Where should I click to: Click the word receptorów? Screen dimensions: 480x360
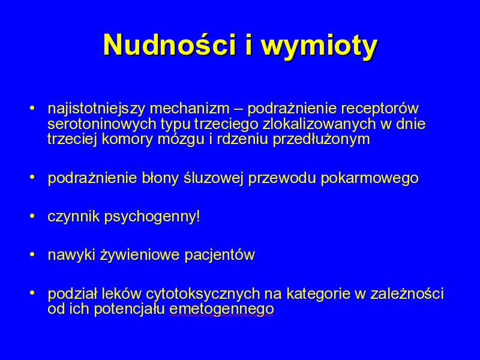coord(379,109)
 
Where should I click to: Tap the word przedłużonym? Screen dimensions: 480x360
coord(321,140)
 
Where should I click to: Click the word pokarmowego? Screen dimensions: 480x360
coord(370,178)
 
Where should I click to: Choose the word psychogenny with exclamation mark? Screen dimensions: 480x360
coord(152,217)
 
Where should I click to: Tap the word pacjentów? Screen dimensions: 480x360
coord(220,255)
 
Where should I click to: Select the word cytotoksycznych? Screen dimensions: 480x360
coord(203,294)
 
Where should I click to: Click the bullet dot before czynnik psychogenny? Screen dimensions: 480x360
coord(32,216)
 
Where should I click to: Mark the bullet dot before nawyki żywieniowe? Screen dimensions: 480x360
coord(32,254)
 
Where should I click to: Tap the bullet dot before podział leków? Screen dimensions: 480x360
coord(32,293)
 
